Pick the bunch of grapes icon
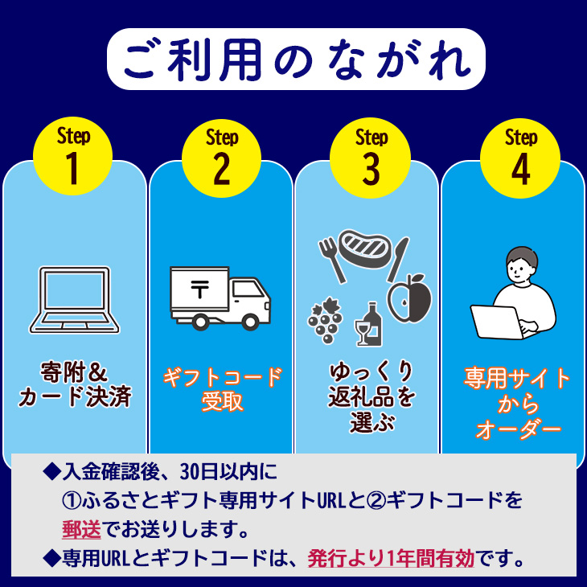324,322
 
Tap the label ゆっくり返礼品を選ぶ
371,397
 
